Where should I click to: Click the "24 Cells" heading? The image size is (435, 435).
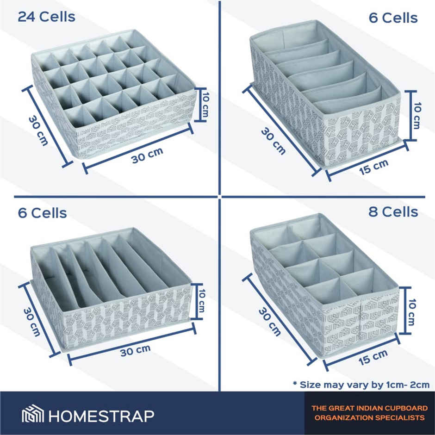[46, 17]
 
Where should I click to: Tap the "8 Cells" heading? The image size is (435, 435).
[393, 212]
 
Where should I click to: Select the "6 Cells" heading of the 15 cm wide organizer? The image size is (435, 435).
[393, 18]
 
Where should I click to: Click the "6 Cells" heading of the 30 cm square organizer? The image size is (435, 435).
[43, 213]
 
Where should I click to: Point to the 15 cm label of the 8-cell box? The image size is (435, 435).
[373, 356]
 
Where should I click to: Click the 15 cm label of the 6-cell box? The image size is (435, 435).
[374, 165]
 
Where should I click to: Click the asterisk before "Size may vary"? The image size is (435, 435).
[295, 383]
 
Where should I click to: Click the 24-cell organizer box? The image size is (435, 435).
[113, 93]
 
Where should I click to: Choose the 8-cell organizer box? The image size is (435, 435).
[324, 282]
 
